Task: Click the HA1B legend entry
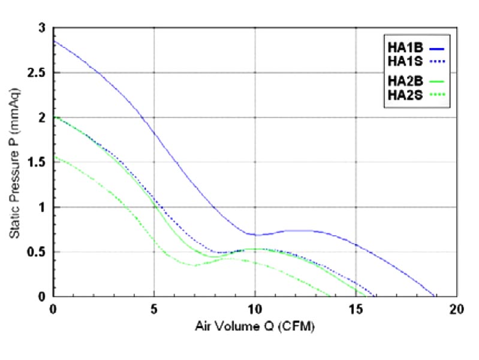click(403, 44)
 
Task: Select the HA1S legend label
click(403, 61)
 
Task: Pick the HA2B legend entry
click(403, 80)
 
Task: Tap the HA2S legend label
click(403, 94)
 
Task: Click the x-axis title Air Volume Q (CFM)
click(255, 328)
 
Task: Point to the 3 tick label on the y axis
click(41, 28)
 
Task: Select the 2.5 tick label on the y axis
click(37, 73)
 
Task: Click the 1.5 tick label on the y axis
click(37, 163)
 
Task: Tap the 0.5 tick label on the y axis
click(37, 252)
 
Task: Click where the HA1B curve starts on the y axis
click(54, 41)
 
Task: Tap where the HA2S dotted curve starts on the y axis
click(54, 157)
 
